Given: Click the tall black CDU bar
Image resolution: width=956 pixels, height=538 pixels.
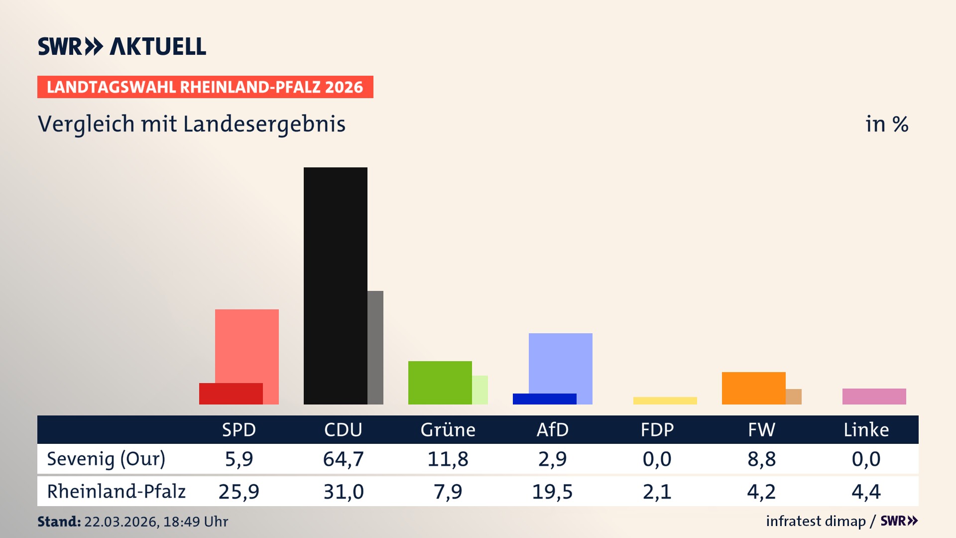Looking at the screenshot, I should [335, 285].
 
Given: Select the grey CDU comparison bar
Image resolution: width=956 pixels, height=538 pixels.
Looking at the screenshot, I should [375, 347].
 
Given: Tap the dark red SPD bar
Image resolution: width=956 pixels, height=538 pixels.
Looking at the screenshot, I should [231, 394].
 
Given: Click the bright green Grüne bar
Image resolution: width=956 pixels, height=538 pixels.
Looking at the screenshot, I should [440, 383].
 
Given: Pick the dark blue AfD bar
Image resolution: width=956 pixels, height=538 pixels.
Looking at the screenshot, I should [544, 399].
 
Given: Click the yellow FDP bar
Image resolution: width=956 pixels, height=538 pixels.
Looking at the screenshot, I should [665, 401].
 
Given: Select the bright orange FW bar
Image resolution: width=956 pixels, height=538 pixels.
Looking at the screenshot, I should [753, 388].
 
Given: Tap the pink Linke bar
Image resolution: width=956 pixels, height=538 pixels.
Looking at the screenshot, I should [874, 397].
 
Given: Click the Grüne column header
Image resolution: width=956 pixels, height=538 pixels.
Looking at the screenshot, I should [448, 430].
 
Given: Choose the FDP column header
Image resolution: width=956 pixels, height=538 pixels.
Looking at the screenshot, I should [657, 430].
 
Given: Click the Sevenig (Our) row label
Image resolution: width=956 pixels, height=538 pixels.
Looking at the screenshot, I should [106, 459].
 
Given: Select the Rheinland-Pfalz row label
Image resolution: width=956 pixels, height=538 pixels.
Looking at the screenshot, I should [116, 492].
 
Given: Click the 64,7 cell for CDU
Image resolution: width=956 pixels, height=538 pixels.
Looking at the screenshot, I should [343, 459].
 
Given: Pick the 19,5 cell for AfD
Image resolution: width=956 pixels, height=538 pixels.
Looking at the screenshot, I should [552, 492].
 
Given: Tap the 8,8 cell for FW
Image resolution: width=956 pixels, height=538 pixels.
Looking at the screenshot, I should [761, 459].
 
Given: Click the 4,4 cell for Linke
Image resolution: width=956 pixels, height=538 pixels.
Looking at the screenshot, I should [866, 492].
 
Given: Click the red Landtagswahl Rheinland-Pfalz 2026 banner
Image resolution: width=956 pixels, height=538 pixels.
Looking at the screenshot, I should [205, 87].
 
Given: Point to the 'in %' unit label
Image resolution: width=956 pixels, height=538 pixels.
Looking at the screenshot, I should [886, 124].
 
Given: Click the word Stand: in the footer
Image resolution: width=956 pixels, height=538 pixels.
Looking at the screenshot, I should [59, 522].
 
